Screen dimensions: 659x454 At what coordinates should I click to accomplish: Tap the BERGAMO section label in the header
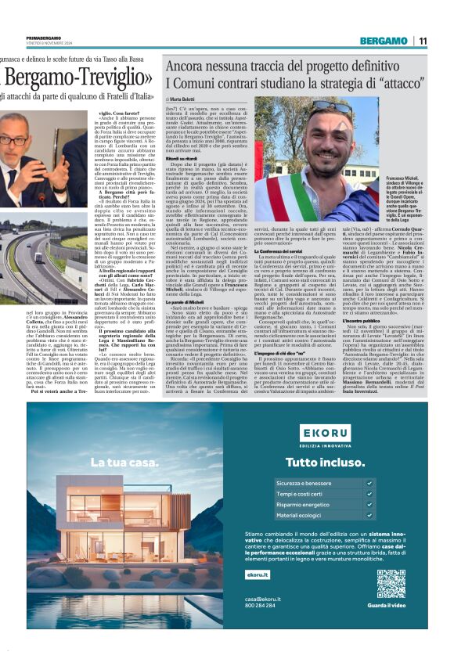(x=382, y=41)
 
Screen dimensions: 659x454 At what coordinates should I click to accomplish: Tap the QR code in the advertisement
(x=390, y=584)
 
